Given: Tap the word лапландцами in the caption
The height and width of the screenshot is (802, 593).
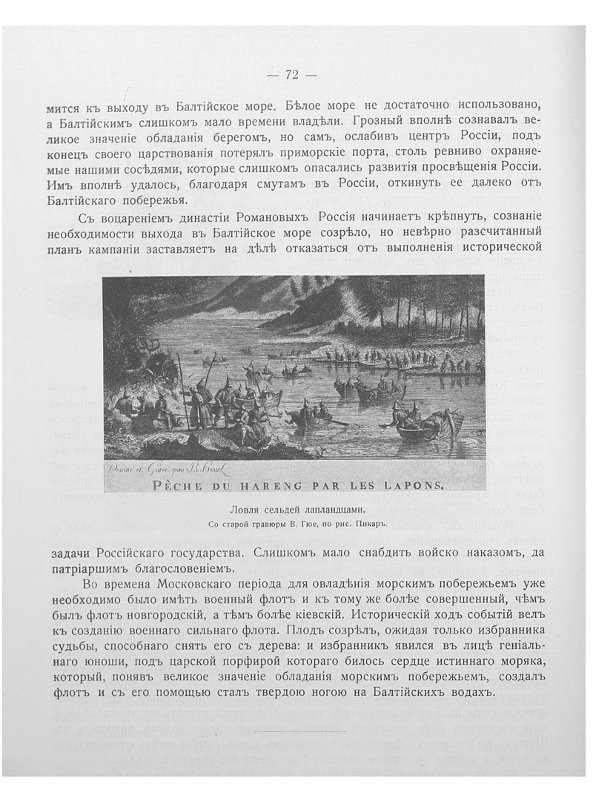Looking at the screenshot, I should (327, 510).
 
